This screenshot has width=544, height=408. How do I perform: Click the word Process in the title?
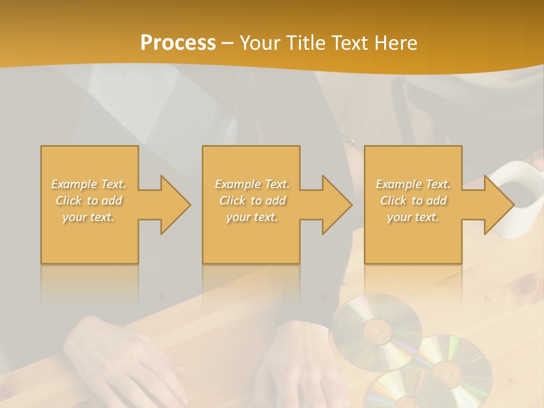coord(178,43)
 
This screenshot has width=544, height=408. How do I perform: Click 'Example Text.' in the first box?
coord(89,184)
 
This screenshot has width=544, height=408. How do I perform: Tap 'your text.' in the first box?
coord(89,217)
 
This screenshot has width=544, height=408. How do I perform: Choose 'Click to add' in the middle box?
coord(252,201)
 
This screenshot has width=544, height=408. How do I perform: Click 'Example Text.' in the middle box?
coord(252,184)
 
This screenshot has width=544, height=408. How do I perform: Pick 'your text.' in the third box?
coord(413,217)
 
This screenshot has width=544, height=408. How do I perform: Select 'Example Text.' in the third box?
coord(413,184)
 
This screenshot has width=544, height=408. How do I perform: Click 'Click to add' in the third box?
coord(413,201)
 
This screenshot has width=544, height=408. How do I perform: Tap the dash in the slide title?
coord(228,43)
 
